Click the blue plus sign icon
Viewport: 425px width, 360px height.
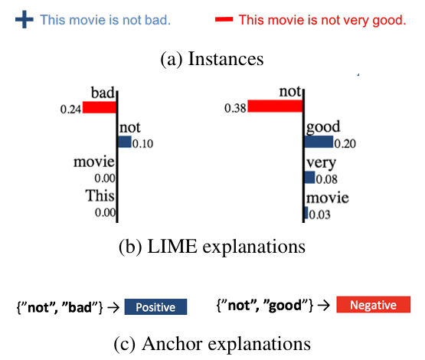[x=25, y=19]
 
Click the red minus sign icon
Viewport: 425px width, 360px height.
[x=224, y=19]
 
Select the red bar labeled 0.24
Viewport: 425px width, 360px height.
[x=100, y=107]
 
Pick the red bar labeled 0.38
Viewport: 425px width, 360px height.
[x=275, y=106]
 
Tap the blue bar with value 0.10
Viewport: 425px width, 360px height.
[x=125, y=142]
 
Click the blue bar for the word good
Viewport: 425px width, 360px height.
[x=319, y=142]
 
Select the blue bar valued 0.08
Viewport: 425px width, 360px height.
[x=310, y=177]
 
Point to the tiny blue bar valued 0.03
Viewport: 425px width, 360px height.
[x=306, y=212]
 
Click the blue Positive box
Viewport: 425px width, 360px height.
[x=155, y=307]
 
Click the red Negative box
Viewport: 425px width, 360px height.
[x=374, y=305]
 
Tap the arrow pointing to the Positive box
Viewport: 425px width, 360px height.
[x=113, y=307]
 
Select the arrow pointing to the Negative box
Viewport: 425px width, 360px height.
[x=324, y=306]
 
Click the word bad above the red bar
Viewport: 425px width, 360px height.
[x=103, y=93]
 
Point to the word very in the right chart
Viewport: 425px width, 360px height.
[x=321, y=162]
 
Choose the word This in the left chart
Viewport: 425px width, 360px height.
[x=100, y=195]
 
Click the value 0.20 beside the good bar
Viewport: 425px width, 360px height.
[x=345, y=143]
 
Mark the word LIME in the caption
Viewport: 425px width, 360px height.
[x=172, y=247]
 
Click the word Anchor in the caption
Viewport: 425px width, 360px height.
[x=172, y=344]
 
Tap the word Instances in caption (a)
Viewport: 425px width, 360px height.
[x=226, y=59]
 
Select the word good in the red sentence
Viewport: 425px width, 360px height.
[x=389, y=21]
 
